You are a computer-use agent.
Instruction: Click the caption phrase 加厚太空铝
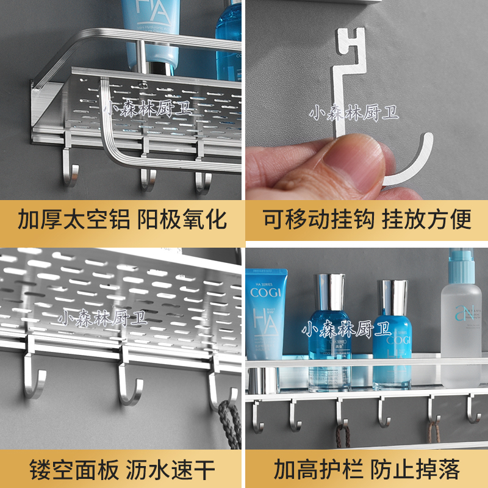coord(74,219)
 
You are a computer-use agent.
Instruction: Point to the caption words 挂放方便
coord(427,219)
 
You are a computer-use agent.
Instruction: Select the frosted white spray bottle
coord(462,317)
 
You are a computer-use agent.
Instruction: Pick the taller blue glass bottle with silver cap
coord(329,332)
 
